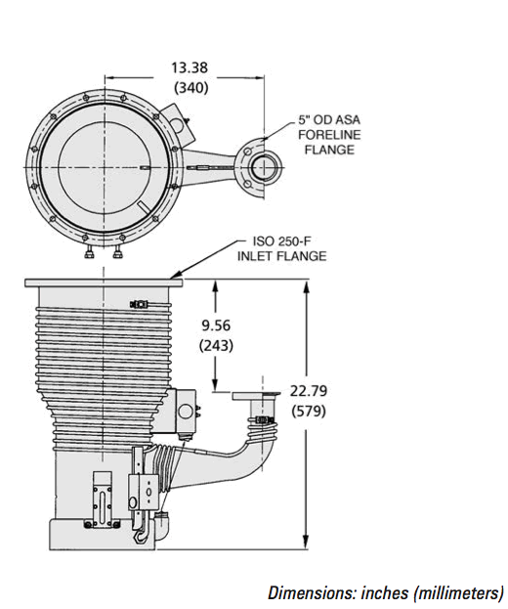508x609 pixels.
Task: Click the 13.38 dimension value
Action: pyautogui.click(x=190, y=67)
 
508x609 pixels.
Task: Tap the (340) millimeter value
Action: pyautogui.click(x=190, y=88)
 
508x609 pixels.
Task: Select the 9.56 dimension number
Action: pyautogui.click(x=216, y=326)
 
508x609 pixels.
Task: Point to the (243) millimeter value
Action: pyautogui.click(x=216, y=345)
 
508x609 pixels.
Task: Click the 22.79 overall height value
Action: pyautogui.click(x=309, y=390)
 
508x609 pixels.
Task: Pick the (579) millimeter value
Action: pyautogui.click(x=309, y=411)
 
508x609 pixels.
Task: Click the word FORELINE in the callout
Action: pyautogui.click(x=329, y=135)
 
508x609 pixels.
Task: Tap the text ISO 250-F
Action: pyautogui.click(x=281, y=241)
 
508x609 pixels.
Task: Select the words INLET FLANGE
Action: pyautogui.click(x=282, y=256)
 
